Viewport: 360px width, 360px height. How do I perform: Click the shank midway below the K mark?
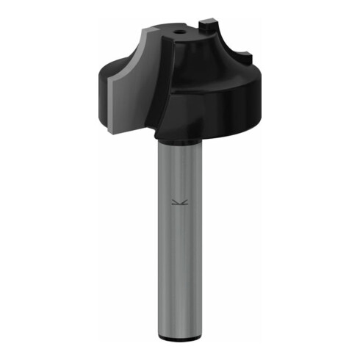[179, 272]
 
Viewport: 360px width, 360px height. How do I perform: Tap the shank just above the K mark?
[179, 184]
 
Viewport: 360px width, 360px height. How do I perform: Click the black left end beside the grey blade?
[101, 88]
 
